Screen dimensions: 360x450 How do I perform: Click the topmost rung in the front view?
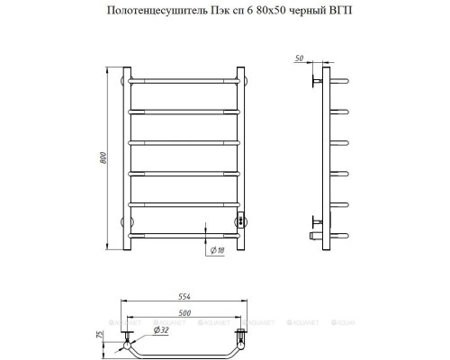click(186, 80)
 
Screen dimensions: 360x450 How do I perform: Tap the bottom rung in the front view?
click(186, 236)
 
